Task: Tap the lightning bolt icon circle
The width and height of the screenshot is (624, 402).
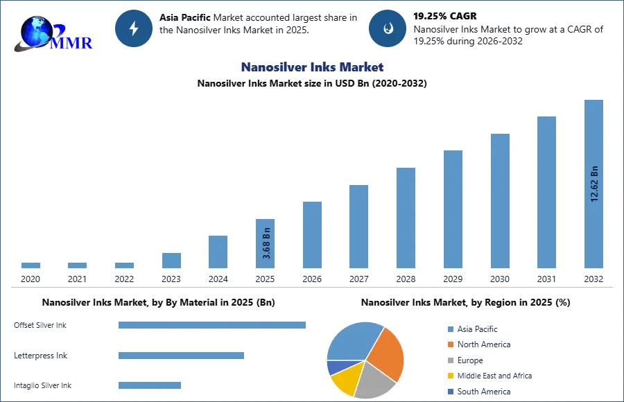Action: pyautogui.click(x=134, y=28)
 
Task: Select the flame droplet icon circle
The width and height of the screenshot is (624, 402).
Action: pyautogui.click(x=388, y=28)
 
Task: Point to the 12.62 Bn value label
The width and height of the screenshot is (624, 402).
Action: pyautogui.click(x=593, y=184)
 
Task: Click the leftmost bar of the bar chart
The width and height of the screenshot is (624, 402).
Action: pyautogui.click(x=31, y=266)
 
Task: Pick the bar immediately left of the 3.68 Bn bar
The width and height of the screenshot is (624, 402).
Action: pyautogui.click(x=216, y=252)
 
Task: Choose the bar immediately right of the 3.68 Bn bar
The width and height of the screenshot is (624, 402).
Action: pyautogui.click(x=311, y=235)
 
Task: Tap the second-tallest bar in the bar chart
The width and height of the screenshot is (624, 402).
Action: pyautogui.click(x=546, y=193)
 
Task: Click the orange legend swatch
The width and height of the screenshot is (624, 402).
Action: pyautogui.click(x=450, y=344)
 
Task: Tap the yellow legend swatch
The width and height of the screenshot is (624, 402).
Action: pyautogui.click(x=450, y=376)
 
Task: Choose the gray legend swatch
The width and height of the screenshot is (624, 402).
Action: pyautogui.click(x=450, y=360)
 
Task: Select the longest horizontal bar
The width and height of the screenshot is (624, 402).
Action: pyautogui.click(x=213, y=326)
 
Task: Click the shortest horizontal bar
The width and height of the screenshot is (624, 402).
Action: pyautogui.click(x=150, y=385)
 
